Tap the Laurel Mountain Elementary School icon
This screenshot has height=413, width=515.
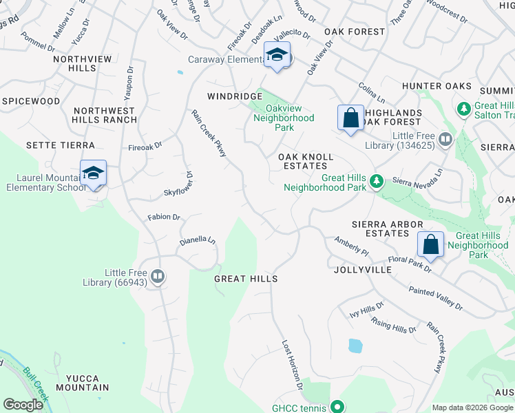93,173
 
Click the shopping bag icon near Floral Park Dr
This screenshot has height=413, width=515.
430,244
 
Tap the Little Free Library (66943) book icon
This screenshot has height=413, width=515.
158,276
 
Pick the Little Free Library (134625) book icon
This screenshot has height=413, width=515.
445,140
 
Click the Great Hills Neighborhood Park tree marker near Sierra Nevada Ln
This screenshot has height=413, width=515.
376,181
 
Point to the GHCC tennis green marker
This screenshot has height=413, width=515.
337,406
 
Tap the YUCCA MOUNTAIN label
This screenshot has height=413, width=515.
87,383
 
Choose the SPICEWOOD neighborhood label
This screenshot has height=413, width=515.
31,101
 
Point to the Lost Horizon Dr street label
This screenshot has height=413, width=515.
292,361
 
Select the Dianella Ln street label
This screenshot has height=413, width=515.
198,242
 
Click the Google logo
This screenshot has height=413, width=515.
23,404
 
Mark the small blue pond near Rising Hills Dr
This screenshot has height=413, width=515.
355,346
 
